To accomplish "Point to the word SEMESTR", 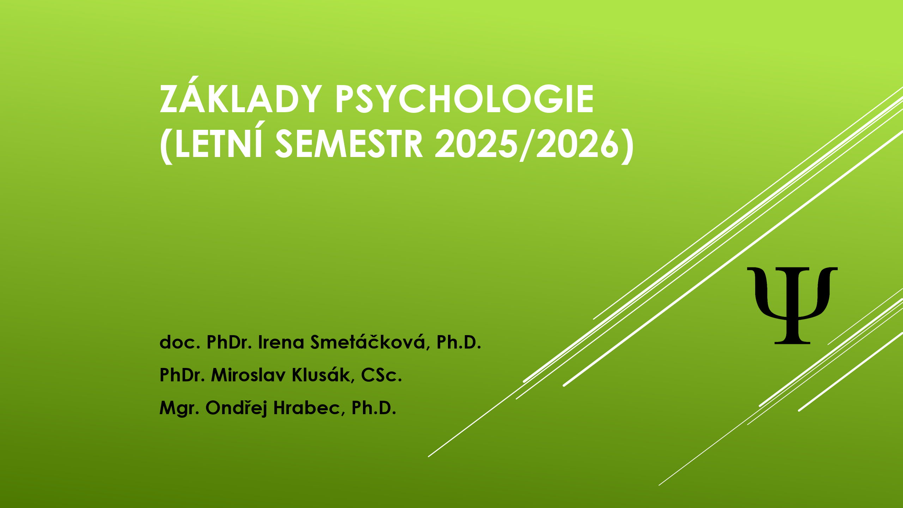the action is [349, 144].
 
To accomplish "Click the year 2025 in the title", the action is [477, 144].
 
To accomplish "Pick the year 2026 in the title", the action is [577, 144].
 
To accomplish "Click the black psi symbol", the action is [792, 306].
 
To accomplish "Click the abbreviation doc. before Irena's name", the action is [180, 342].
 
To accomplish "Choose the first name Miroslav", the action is [248, 375].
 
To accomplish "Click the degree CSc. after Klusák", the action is [382, 375].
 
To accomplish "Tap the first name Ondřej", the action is [236, 408].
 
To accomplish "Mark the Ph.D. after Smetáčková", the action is [459, 342].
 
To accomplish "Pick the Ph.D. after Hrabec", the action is [374, 408].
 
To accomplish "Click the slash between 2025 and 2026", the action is [527, 145].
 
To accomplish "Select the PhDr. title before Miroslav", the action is [182, 375].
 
